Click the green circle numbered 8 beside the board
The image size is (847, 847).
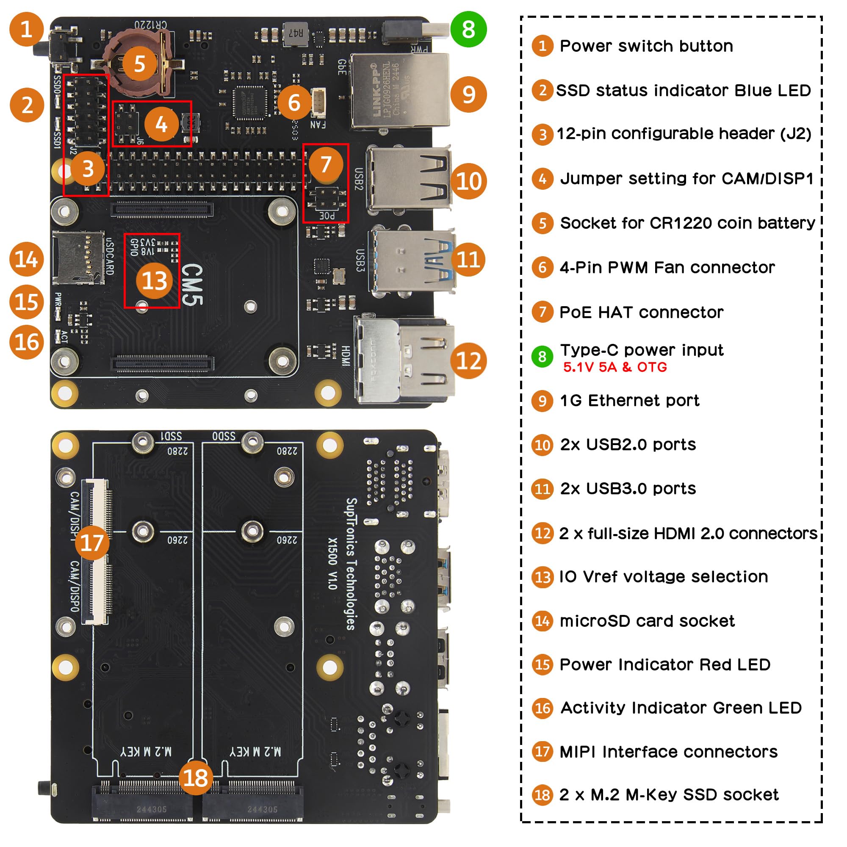[x=468, y=29]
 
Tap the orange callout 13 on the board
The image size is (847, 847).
[x=154, y=281]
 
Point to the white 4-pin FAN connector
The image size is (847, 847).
[x=318, y=102]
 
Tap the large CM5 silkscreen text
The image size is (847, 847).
[x=192, y=285]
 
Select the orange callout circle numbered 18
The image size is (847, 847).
[x=196, y=778]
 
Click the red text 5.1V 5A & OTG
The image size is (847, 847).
[x=614, y=367]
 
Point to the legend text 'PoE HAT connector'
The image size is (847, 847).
[x=641, y=312]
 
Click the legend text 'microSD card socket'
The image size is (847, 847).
[x=647, y=621]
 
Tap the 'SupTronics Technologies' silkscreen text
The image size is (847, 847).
[x=351, y=564]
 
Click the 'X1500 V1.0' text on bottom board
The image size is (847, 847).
[x=333, y=564]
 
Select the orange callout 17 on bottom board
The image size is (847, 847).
[x=92, y=543]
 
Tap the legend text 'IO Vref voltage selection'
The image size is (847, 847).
[x=663, y=576]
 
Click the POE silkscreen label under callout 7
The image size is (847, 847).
[x=327, y=216]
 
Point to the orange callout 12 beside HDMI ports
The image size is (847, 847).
[x=468, y=360]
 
